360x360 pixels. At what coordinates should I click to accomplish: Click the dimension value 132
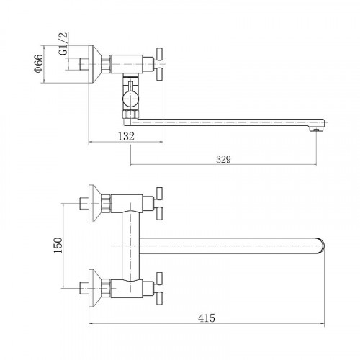tap(126, 136)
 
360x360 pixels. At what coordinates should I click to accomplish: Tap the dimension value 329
tap(223, 159)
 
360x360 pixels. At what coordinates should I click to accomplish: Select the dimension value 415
tap(207, 318)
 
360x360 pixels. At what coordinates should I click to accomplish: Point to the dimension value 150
tap(58, 245)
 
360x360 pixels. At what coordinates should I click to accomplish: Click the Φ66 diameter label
tap(39, 63)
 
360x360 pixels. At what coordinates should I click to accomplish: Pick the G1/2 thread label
tap(63, 44)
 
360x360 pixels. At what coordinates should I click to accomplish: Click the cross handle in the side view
tap(159, 64)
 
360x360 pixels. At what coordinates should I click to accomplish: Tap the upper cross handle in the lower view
tap(159, 204)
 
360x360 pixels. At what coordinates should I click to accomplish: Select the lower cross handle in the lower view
tap(159, 289)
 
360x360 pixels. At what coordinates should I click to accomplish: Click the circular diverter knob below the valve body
tap(130, 99)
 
